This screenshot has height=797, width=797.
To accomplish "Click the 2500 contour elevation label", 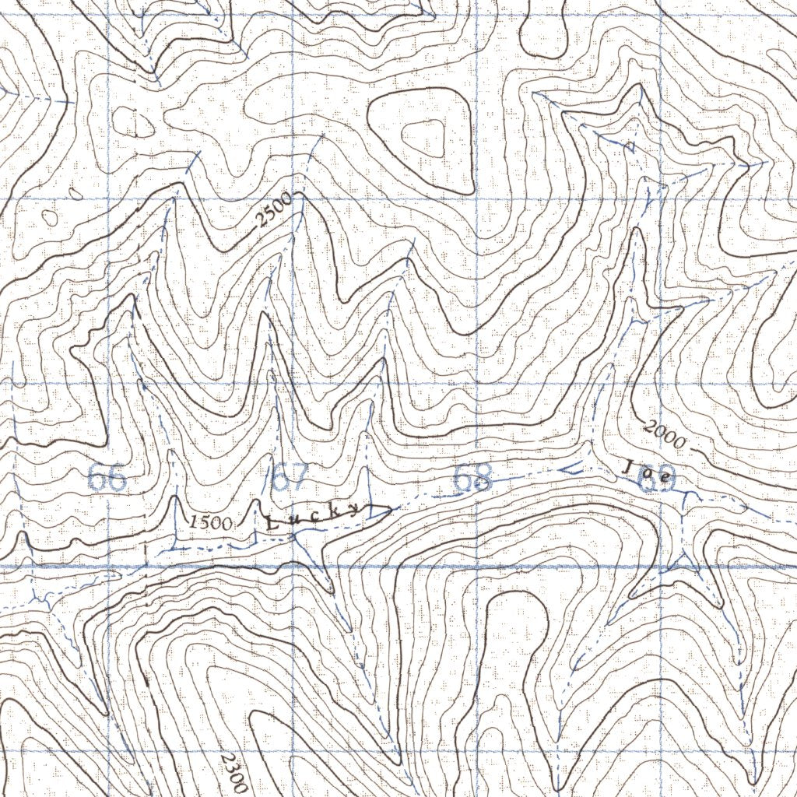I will [x=273, y=210].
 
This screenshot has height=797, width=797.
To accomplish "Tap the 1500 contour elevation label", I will [x=209, y=521].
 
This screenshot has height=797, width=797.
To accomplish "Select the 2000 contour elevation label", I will [x=665, y=435].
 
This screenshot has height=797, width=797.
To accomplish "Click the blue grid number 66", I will [x=106, y=478].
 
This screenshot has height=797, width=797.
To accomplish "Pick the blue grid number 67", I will [x=290, y=478].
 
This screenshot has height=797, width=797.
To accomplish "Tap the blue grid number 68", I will [x=473, y=478].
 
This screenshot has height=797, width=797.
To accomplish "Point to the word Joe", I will [x=645, y=472].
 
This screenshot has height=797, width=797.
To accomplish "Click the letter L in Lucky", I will [x=271, y=524].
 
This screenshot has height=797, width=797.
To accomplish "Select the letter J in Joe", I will [x=628, y=465].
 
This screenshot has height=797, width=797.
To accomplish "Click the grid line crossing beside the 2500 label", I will [x=293, y=199].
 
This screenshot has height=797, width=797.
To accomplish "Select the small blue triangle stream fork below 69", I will [x=685, y=562].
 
